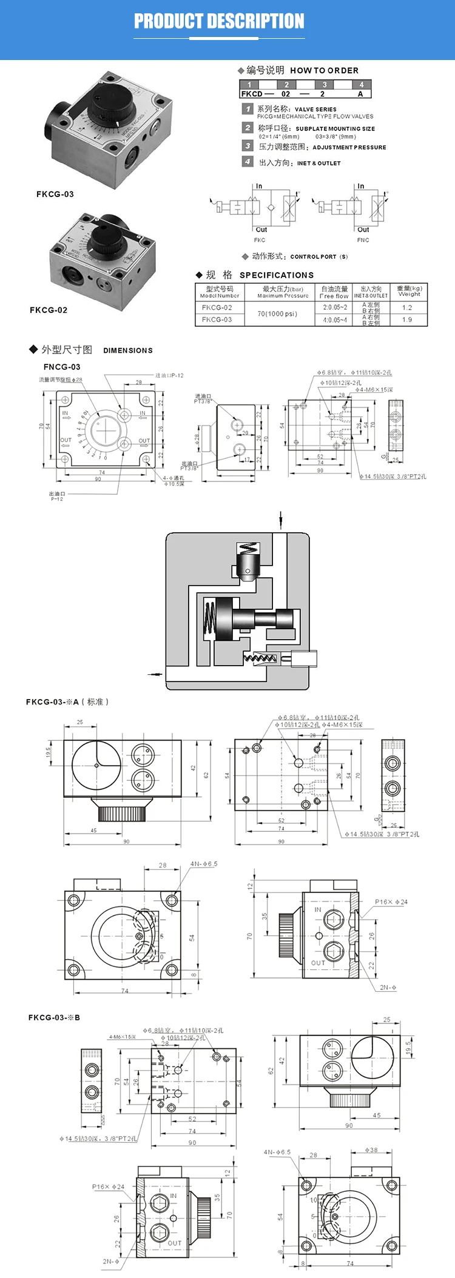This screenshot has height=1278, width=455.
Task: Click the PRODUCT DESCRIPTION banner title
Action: [x=219, y=22]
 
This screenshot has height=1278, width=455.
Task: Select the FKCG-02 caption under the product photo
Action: [x=49, y=310]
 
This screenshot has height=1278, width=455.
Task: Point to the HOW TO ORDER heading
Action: [x=324, y=70]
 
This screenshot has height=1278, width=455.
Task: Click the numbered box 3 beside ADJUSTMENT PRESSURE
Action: [x=248, y=146]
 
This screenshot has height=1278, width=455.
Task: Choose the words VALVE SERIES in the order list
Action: [x=315, y=109]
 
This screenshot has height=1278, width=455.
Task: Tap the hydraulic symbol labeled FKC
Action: [x=255, y=207]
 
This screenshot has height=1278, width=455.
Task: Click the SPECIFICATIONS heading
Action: [x=277, y=275]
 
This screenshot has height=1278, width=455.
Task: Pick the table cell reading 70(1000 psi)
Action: [x=277, y=313]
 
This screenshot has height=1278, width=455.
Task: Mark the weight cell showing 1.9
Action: [x=407, y=319]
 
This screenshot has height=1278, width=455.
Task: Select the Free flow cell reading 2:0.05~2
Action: [x=335, y=307]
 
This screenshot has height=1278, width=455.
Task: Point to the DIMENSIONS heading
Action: [x=128, y=350]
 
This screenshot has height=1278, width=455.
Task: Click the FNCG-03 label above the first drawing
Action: [x=62, y=367]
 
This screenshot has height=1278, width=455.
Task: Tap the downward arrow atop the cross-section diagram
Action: [x=281, y=520]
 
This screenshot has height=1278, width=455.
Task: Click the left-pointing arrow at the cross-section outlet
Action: [x=155, y=673]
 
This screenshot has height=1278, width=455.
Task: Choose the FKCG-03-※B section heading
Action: [x=54, y=1017]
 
